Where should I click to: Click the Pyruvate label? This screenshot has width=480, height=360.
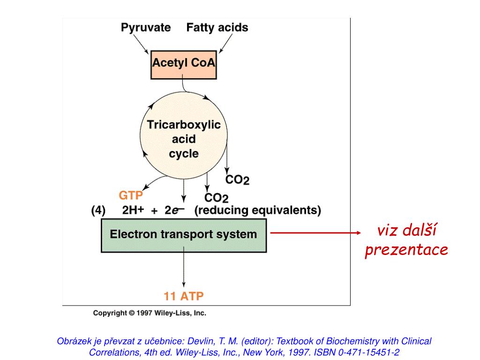pos(146,28)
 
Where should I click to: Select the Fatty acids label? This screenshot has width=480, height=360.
pos(217,28)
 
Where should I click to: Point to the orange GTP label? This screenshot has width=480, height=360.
pos(131,195)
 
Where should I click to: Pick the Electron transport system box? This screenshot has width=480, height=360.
pos(183,234)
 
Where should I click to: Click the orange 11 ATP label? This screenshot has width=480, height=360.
pos(183,296)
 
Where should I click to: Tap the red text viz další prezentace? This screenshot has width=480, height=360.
pos(406,240)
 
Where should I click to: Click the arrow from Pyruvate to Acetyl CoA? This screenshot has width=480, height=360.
pos(141,45)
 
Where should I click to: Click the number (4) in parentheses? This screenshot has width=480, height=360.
pos(98,210)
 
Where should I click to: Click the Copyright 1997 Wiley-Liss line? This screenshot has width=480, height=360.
pos(150,313)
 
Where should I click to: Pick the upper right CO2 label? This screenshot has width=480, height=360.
pos(237,180)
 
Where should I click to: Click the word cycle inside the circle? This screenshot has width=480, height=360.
pos(184,154)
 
